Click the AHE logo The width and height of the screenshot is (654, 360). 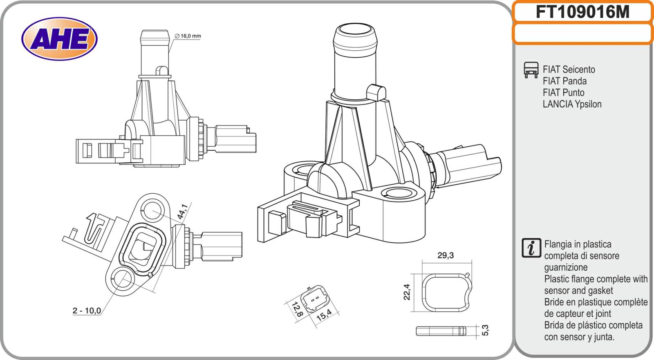pyautogui.click(x=59, y=39)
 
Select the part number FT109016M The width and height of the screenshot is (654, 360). pyautogui.click(x=582, y=13)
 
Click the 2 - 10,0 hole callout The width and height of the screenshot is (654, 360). pyautogui.click(x=87, y=311)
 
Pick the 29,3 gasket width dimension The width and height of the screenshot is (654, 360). pyautogui.click(x=445, y=256)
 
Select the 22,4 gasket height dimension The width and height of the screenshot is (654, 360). pyautogui.click(x=407, y=292)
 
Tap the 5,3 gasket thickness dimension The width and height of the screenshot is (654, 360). pyautogui.click(x=486, y=330)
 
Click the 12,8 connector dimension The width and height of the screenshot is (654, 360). pyautogui.click(x=297, y=309)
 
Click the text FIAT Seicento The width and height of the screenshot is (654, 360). pyautogui.click(x=569, y=69)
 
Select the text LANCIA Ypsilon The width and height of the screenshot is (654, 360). pyautogui.click(x=572, y=104)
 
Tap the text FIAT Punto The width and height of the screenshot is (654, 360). pyautogui.click(x=563, y=93)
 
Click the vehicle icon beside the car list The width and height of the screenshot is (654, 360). pyautogui.click(x=531, y=70)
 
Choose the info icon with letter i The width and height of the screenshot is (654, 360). pyautogui.click(x=531, y=248)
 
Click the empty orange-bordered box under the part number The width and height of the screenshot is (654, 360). pyautogui.click(x=582, y=34)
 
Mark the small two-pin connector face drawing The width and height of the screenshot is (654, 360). pyautogui.click(x=314, y=301)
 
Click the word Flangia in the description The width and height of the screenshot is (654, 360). pyautogui.click(x=558, y=244)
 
